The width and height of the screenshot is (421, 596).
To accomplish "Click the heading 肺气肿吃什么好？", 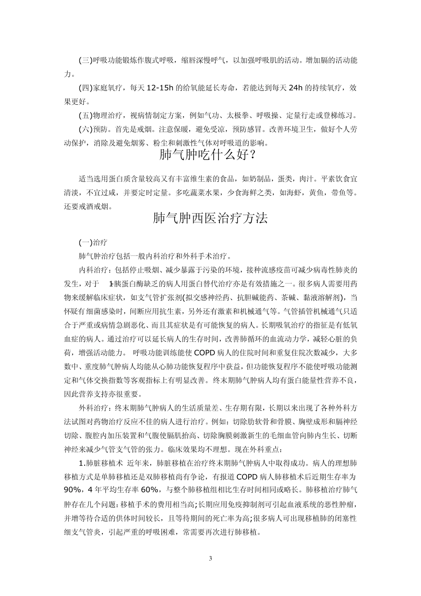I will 210,156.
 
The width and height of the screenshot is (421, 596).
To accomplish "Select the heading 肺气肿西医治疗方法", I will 210,219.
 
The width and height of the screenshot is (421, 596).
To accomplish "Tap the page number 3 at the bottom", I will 210,558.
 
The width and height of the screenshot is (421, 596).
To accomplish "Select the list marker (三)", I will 86,60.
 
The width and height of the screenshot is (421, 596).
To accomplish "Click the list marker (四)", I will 86,88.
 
